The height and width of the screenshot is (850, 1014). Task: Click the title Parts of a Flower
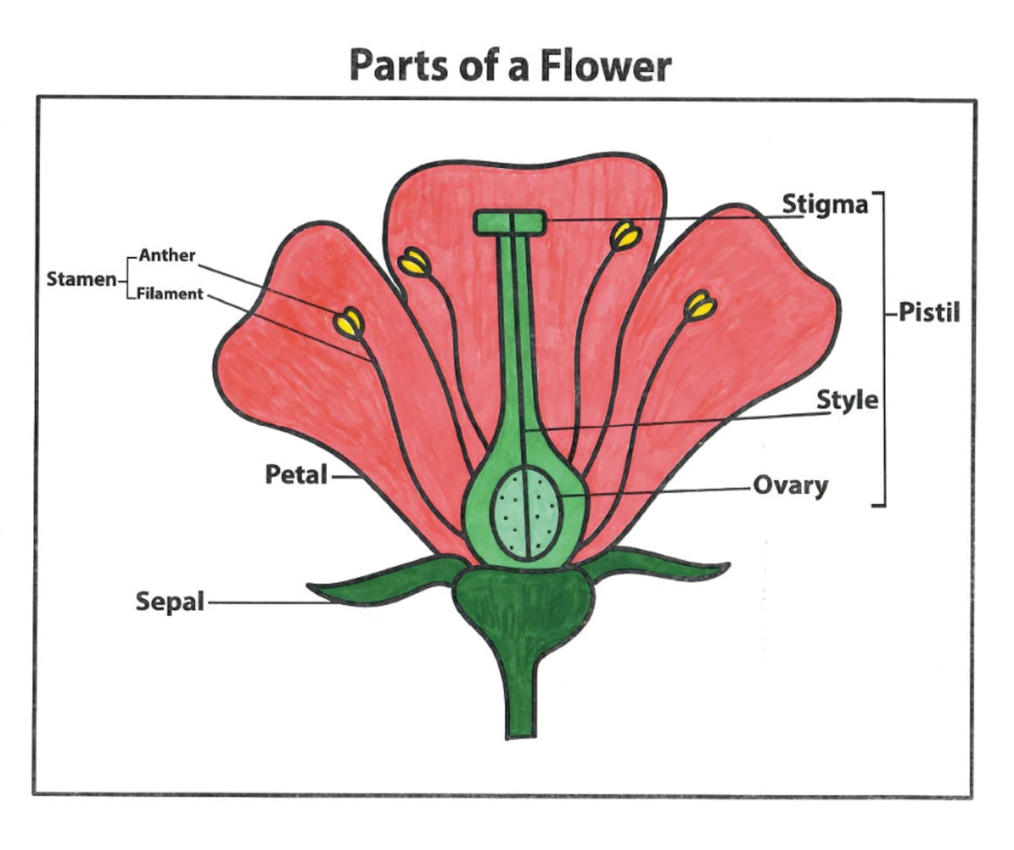pyautogui.click(x=510, y=65)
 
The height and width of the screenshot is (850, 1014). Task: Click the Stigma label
pyautogui.click(x=825, y=204)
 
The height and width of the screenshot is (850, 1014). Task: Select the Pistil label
pyautogui.click(x=929, y=312)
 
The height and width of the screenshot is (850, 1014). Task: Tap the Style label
pyautogui.click(x=847, y=400)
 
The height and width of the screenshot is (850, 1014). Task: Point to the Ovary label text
pyautogui.click(x=791, y=485)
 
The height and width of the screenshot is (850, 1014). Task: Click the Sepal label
pyautogui.click(x=170, y=602)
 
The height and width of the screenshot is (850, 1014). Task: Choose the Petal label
pyautogui.click(x=296, y=474)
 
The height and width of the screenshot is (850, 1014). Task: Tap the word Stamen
pyautogui.click(x=81, y=279)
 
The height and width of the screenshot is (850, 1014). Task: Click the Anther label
pyautogui.click(x=167, y=255)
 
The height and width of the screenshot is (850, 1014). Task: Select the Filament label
pyautogui.click(x=170, y=294)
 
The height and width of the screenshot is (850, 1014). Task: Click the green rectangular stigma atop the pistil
pyautogui.click(x=510, y=223)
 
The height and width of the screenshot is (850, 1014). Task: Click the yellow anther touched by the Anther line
pyautogui.click(x=349, y=323)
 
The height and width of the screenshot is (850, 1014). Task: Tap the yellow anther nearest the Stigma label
pyautogui.click(x=625, y=236)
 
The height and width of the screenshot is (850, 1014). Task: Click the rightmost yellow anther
pyautogui.click(x=700, y=306)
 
